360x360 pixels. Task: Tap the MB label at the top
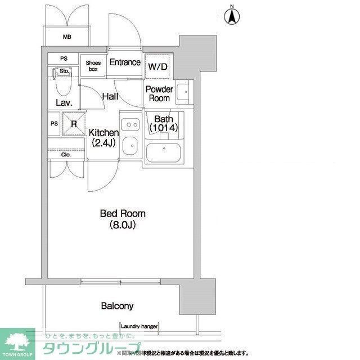(x=67, y=38)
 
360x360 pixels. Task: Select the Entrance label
(x=124, y=62)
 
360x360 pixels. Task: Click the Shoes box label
(x=93, y=66)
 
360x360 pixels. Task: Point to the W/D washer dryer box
(x=157, y=67)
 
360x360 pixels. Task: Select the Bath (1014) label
(x=163, y=124)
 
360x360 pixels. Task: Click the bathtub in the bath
(x=163, y=152)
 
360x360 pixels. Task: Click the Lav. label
(x=62, y=102)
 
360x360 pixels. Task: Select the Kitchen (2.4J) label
(x=103, y=138)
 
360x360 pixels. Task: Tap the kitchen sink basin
(x=130, y=145)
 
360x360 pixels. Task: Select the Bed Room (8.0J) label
(x=122, y=219)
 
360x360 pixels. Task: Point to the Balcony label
(x=117, y=307)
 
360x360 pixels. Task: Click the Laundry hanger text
(x=139, y=326)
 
